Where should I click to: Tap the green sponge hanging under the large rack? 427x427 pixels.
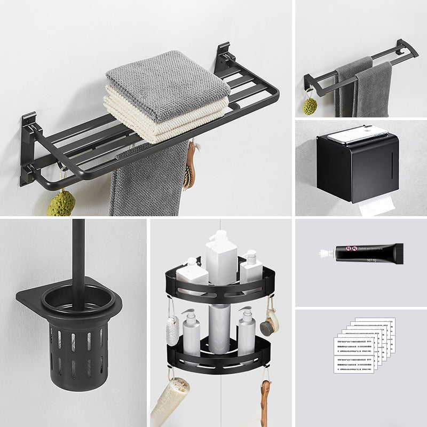60,202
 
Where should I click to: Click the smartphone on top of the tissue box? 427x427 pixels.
358,134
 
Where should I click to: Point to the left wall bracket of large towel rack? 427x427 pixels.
28,149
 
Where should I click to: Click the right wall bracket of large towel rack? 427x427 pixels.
223,59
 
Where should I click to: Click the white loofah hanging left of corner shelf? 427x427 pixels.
172,330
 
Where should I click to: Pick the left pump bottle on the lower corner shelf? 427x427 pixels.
191,334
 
